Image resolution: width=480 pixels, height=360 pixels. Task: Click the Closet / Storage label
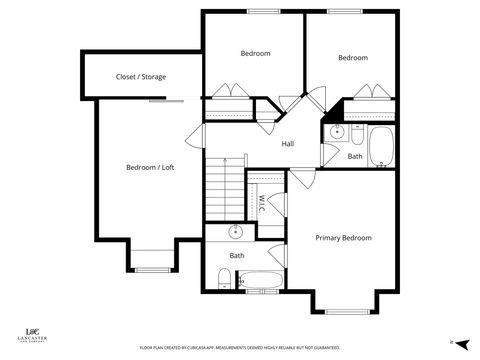point(141,77)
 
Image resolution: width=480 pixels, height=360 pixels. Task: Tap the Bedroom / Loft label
point(149,167)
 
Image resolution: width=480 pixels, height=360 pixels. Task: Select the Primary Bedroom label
point(343,238)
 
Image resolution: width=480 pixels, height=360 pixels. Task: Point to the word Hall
point(287,144)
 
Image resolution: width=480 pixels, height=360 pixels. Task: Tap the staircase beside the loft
point(225,190)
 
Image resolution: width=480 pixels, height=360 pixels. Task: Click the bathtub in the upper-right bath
point(382,147)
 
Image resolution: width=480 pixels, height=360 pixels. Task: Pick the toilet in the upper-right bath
point(335,156)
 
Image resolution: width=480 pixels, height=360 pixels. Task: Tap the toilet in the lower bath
point(224,278)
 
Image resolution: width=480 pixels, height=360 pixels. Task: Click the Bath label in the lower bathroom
point(237,256)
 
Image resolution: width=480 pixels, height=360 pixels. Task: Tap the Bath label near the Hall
point(355,156)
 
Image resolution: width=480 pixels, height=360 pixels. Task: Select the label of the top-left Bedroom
point(255,53)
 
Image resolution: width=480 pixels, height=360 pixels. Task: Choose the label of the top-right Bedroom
point(352,58)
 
